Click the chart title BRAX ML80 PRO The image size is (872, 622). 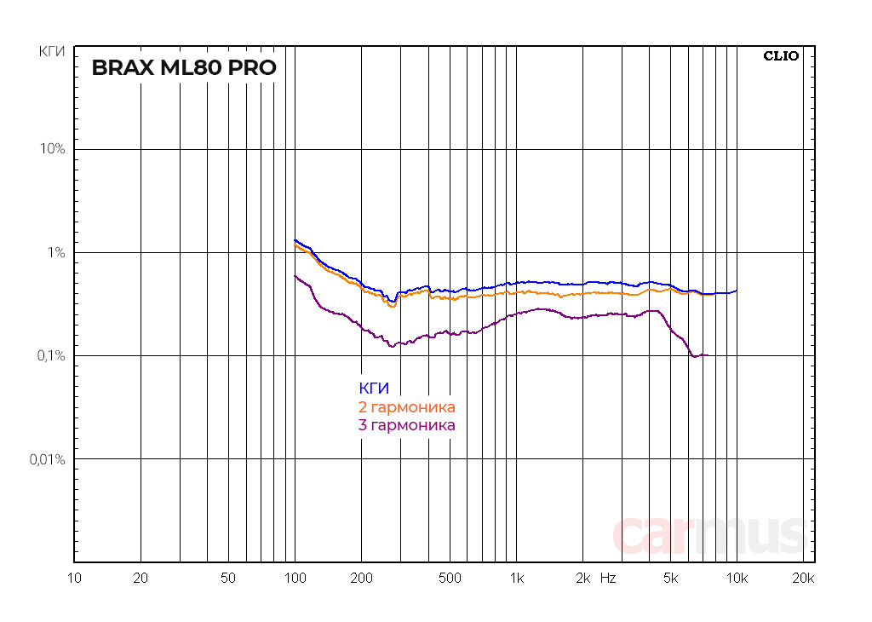point(184,68)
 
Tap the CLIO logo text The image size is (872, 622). point(781,56)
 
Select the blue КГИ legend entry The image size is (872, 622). point(374,389)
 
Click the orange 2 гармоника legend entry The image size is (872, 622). point(407,407)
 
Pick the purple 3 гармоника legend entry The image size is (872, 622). point(407,425)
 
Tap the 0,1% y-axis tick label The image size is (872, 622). point(51,356)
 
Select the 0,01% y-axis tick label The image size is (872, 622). point(48,459)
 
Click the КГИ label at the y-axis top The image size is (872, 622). point(52,52)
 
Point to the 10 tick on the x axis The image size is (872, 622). point(74,578)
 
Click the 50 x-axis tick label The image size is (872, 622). point(227,578)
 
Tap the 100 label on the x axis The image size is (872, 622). point(295,578)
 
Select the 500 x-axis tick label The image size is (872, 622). point(449,578)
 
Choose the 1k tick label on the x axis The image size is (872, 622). point(515,578)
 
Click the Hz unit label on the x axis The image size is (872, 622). point(608,578)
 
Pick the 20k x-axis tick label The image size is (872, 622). point(803,578)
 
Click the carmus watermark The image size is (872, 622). point(708,534)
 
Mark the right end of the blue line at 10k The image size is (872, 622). point(737,291)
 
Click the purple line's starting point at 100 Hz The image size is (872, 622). point(295,275)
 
